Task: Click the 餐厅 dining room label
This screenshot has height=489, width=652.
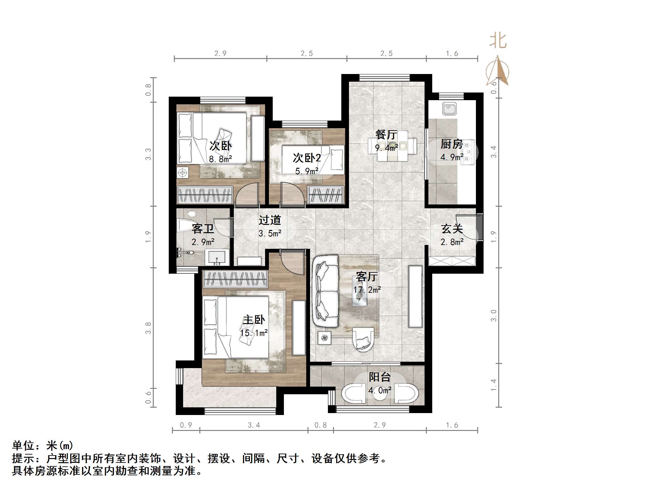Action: click(x=386, y=135)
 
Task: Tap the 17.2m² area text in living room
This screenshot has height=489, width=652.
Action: click(x=367, y=290)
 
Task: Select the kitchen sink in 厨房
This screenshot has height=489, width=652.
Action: click(x=449, y=108)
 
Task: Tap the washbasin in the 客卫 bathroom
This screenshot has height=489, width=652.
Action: click(x=217, y=257)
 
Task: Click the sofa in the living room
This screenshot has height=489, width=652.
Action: click(x=325, y=291)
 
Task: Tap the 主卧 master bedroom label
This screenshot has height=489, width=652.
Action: click(x=254, y=320)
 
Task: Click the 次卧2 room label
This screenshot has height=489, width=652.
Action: click(x=307, y=158)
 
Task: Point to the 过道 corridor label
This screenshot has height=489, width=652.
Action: click(x=270, y=220)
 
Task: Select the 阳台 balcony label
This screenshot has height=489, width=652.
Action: click(x=380, y=377)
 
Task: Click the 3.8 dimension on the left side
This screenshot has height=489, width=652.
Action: click(x=148, y=328)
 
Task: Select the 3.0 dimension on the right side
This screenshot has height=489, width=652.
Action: click(x=493, y=315)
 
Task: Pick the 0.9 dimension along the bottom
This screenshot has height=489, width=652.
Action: click(x=186, y=425)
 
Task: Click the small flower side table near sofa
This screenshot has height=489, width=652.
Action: click(x=325, y=338)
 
